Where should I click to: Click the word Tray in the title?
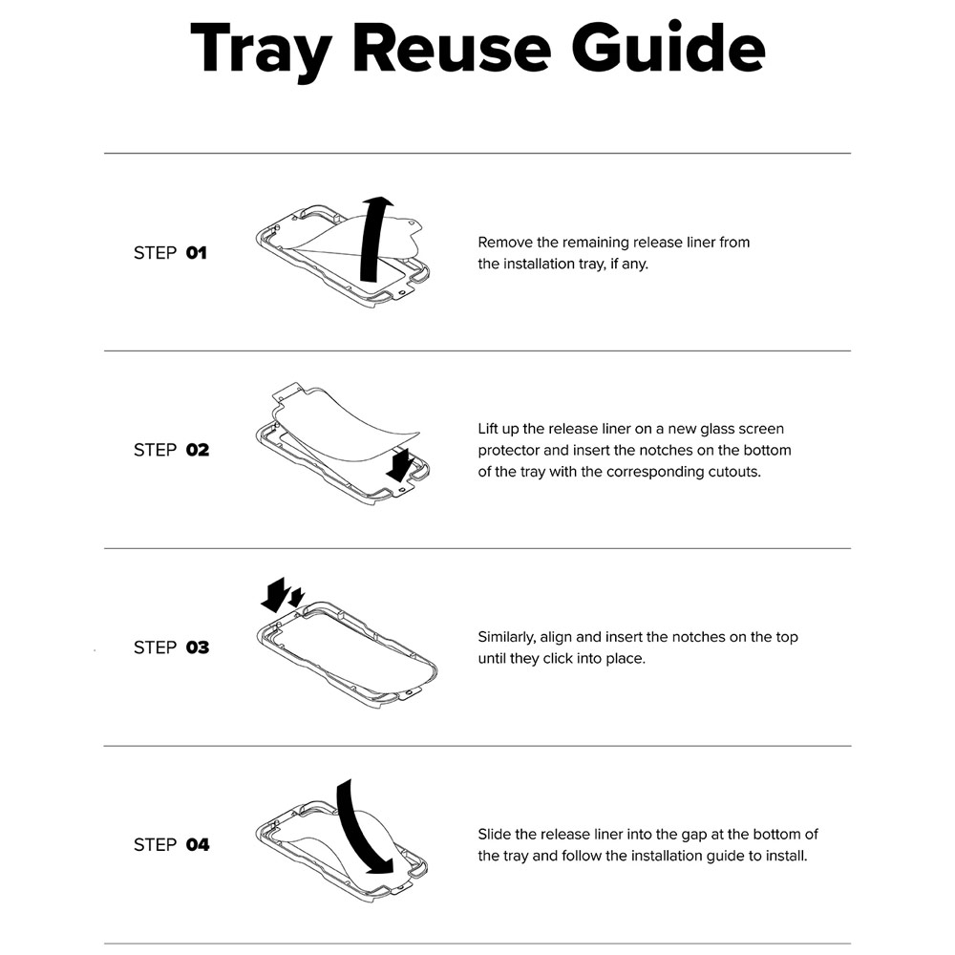point(262,51)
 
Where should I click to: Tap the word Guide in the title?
point(668,46)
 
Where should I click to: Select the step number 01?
point(196,253)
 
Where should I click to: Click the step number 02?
point(198,450)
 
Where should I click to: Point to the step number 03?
point(198,647)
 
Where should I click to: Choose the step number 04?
point(198,845)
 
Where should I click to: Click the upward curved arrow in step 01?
point(371,241)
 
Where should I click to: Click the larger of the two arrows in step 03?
point(275,594)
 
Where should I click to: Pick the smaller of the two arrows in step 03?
point(296,598)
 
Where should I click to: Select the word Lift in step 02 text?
point(488,429)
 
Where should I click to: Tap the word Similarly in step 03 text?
point(507,638)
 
